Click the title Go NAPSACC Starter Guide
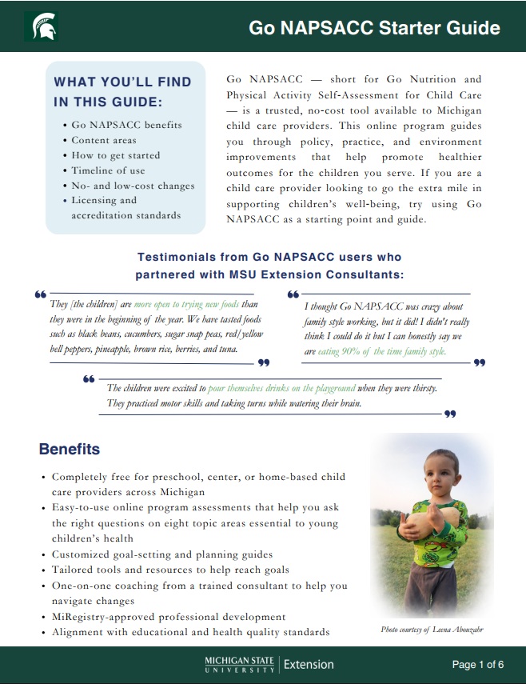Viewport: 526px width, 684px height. (x=374, y=29)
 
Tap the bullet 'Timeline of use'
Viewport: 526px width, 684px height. (x=109, y=170)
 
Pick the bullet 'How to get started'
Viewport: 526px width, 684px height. (x=115, y=155)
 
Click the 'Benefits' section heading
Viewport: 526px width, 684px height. (x=70, y=450)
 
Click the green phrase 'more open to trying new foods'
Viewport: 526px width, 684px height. (x=186, y=305)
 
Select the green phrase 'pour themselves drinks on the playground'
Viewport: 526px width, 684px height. (x=281, y=388)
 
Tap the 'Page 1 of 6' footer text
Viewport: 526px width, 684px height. (x=478, y=664)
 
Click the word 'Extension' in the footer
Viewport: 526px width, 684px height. (x=309, y=664)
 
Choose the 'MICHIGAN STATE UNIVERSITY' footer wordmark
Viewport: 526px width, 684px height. (x=239, y=664)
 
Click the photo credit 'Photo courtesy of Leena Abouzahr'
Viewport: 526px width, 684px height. (x=432, y=630)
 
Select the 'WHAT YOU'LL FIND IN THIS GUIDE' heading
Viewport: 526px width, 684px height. (x=122, y=91)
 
